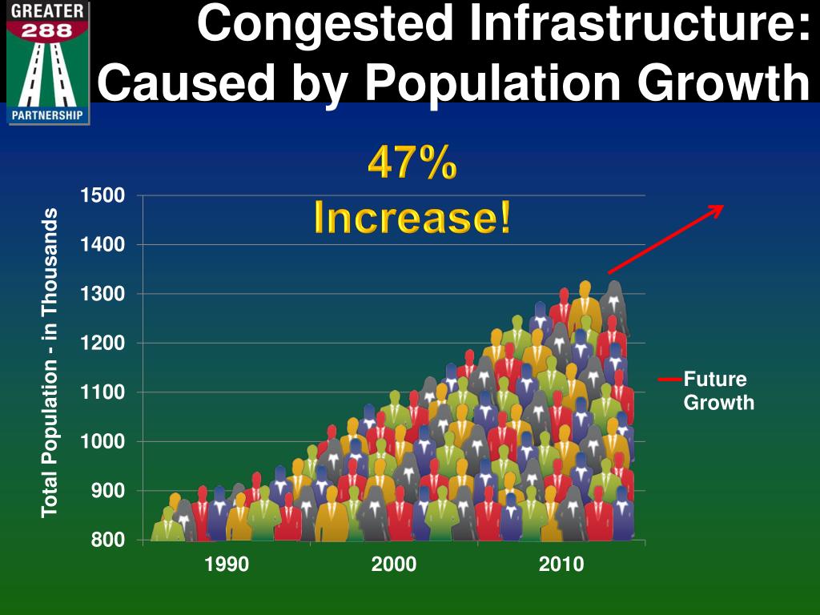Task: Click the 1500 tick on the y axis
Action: (102, 195)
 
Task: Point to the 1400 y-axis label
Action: (102, 244)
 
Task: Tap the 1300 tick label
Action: (102, 294)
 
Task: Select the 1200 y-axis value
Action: (102, 343)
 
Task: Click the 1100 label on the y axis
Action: (102, 392)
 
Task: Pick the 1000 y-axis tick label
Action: (102, 441)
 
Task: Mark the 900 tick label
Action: (108, 491)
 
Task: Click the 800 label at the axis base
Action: (108, 540)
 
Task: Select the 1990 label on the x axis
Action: (227, 565)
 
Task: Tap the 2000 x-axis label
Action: (394, 565)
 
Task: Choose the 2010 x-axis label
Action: (561, 565)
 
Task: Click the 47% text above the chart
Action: (412, 164)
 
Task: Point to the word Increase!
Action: (412, 216)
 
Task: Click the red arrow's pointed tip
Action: (722, 206)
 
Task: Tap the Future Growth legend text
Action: (718, 391)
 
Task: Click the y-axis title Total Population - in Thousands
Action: (50, 362)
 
